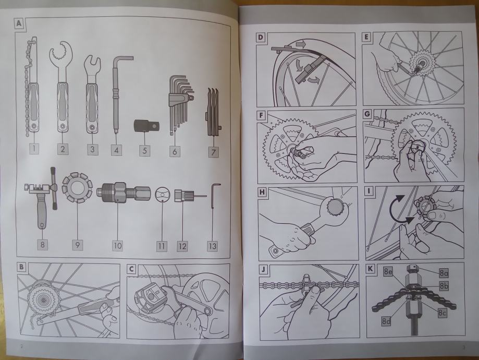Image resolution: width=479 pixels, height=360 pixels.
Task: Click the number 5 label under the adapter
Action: [144, 150]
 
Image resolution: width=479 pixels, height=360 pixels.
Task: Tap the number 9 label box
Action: [78, 245]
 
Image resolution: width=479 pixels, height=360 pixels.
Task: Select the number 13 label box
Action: [212, 246]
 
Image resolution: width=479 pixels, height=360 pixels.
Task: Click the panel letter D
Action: [260, 38]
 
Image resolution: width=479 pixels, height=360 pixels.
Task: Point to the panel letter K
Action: [370, 269]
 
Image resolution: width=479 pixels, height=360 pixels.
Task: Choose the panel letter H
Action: [262, 192]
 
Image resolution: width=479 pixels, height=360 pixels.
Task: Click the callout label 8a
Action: [444, 273]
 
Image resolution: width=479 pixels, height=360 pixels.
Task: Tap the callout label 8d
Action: [386, 321]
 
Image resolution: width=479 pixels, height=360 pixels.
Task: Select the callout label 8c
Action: [442, 313]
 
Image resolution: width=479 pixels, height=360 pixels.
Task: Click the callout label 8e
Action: [388, 271]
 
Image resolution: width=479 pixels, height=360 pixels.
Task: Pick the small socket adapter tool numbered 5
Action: [146, 126]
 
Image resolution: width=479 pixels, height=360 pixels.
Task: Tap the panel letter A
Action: [19, 23]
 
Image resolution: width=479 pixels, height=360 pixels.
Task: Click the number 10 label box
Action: [117, 246]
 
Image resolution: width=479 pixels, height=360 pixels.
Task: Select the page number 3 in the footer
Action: [463, 347]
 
